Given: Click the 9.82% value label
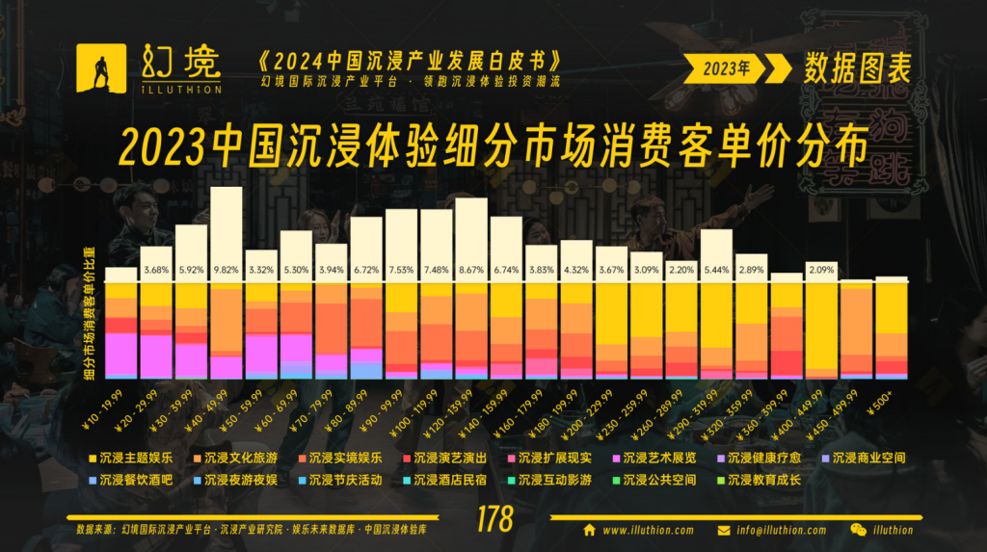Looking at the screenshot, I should tap(226, 270).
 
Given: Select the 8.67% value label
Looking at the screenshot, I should tap(470, 270).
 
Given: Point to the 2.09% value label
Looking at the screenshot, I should tap(821, 270).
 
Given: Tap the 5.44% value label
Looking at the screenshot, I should tap(716, 270).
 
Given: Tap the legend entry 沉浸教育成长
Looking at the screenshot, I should tap(762, 479).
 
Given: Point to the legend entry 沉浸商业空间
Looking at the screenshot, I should tap(868, 459).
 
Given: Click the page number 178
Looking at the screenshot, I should tap(494, 521).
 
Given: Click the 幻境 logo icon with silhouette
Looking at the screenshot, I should tap(101, 67).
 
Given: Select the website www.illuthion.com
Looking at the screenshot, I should tap(647, 530).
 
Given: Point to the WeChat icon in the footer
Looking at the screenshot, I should tap(857, 530).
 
